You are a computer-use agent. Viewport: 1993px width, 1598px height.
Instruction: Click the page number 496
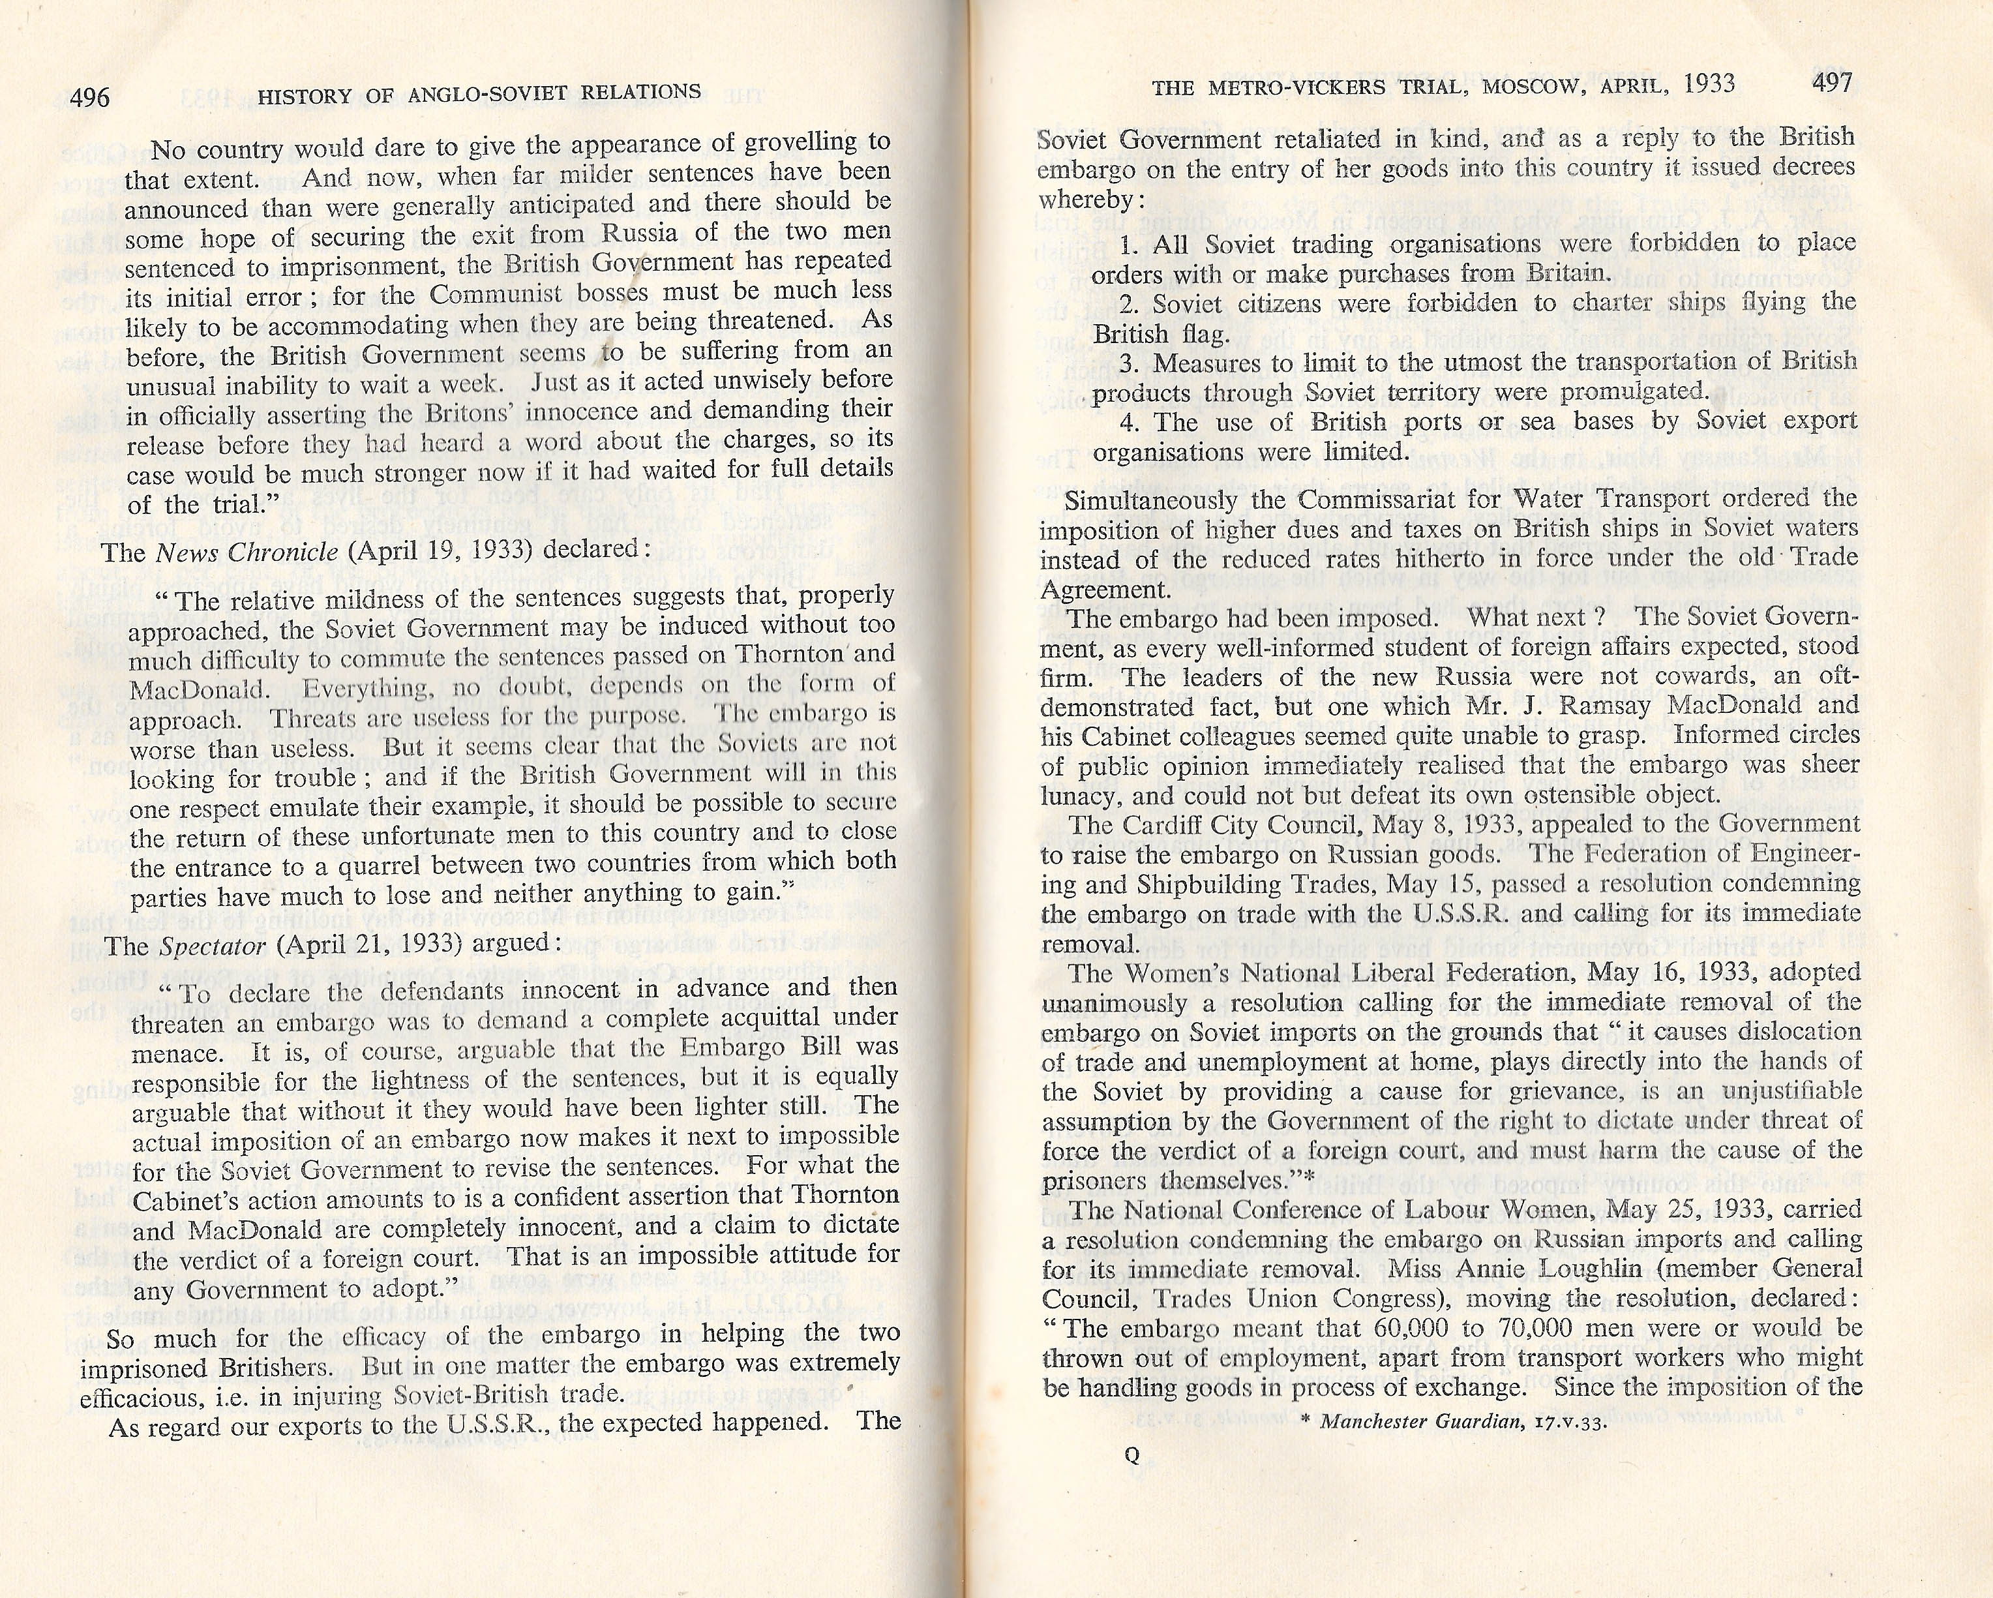point(89,95)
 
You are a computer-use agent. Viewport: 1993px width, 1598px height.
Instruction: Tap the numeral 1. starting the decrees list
point(1129,246)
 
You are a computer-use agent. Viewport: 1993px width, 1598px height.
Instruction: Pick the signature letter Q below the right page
point(1131,1480)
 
